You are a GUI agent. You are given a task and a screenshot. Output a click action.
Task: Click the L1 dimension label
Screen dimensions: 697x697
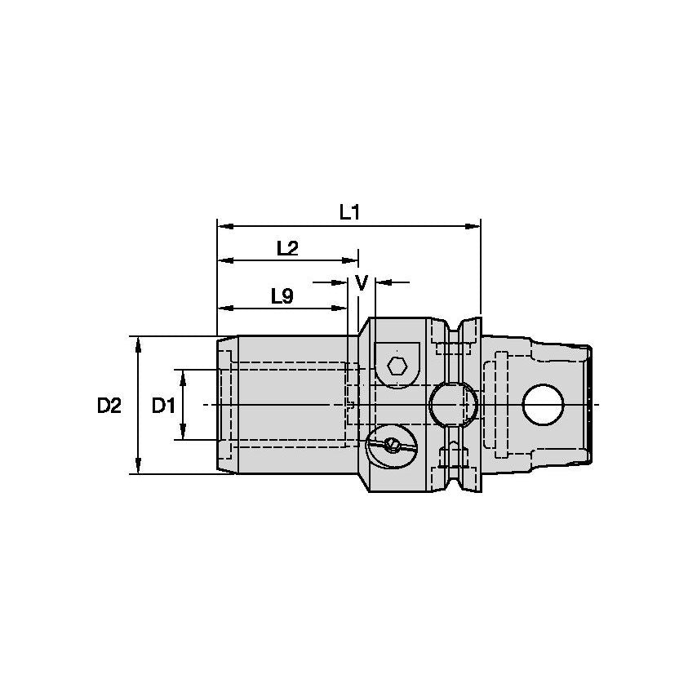point(349,212)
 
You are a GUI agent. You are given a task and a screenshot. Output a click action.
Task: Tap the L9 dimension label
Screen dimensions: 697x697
point(282,296)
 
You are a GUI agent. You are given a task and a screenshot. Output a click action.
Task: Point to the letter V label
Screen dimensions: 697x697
point(362,282)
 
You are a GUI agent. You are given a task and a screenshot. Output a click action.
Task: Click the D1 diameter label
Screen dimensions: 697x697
point(164,405)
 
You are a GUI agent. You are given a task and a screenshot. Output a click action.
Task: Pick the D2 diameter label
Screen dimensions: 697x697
point(109,405)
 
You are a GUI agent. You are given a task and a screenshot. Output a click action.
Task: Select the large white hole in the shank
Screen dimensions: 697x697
point(544,405)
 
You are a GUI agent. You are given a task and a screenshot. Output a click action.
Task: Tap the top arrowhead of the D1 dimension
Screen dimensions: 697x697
point(183,375)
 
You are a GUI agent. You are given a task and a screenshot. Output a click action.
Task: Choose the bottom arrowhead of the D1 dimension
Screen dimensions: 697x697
point(183,433)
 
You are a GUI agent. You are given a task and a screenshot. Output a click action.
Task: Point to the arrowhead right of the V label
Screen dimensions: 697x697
point(380,282)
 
